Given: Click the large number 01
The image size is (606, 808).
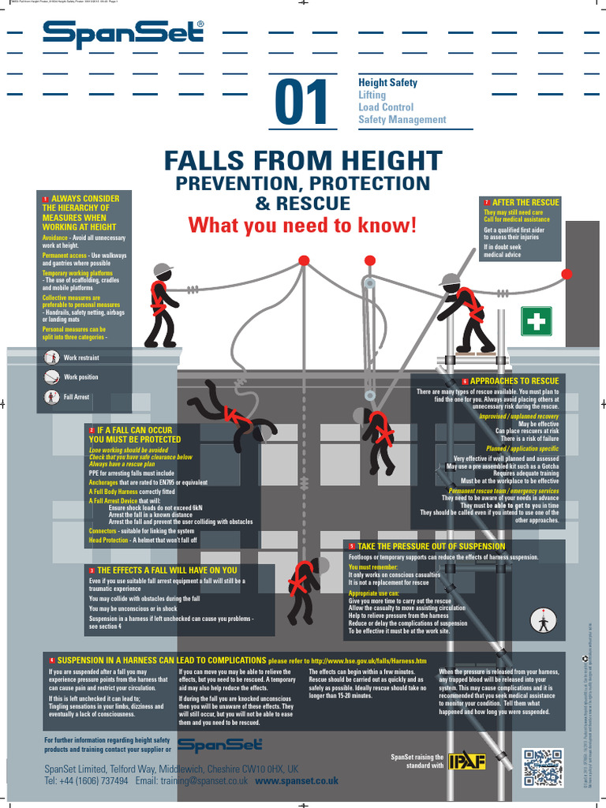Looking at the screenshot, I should point(301,103).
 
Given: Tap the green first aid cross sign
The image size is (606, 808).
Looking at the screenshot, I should point(536,321).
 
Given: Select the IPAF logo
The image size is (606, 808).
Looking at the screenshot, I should point(467,761).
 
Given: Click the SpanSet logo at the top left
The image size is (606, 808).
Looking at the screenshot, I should point(124,35).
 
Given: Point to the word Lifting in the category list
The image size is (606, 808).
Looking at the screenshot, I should point(372,95).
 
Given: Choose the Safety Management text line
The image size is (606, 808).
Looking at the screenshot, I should point(402,120).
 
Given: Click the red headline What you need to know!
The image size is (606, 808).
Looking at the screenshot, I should point(302,225).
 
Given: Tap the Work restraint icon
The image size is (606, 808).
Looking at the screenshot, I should point(53,357).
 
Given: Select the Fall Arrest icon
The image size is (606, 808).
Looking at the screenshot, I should point(53,397).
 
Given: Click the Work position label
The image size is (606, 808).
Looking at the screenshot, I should point(81,377).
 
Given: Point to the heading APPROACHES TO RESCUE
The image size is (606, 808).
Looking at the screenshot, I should point(514,381).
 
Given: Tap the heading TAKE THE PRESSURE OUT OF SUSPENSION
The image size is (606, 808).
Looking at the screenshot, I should point(431,546).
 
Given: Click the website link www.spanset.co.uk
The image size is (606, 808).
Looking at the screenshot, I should point(297,780).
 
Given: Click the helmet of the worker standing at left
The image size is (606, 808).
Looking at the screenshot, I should point(163,270).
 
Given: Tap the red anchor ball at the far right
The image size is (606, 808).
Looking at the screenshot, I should point(567,274).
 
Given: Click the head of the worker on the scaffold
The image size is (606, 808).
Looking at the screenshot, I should point(450,282).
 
